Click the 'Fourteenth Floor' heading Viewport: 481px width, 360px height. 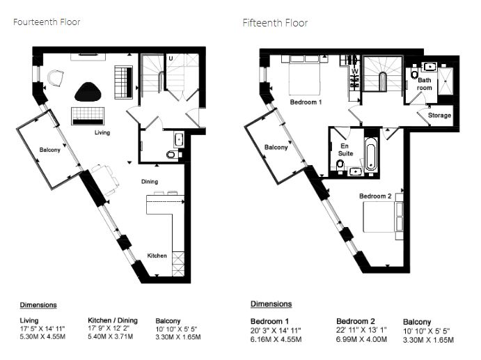coord(47,22)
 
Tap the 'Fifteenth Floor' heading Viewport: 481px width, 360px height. coord(275,23)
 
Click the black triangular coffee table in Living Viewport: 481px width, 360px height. coord(88,92)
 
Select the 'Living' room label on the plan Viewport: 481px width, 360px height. coord(102,132)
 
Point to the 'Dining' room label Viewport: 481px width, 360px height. coord(150,181)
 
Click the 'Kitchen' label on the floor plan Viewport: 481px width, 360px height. coord(157,256)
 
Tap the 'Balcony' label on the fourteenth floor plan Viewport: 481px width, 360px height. coord(49,150)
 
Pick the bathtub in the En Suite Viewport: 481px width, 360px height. coord(370,153)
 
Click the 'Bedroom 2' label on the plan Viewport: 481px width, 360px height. coord(375,196)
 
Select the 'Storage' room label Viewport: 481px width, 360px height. coord(440,115)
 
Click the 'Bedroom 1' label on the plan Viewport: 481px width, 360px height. coord(306,102)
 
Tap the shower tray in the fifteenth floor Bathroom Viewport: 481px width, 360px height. coord(445,81)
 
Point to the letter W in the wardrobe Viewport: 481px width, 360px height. coord(355,71)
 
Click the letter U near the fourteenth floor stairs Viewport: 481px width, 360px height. coord(171,58)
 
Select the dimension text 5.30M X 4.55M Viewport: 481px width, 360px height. coord(42,337)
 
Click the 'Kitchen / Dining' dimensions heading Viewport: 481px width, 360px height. coord(113,320)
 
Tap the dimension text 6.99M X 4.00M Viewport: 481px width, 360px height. coord(361,339)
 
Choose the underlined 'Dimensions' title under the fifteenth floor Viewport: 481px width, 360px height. coord(271,304)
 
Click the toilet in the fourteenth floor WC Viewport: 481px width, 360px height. coord(172,155)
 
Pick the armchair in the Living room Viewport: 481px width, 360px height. coord(56,78)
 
